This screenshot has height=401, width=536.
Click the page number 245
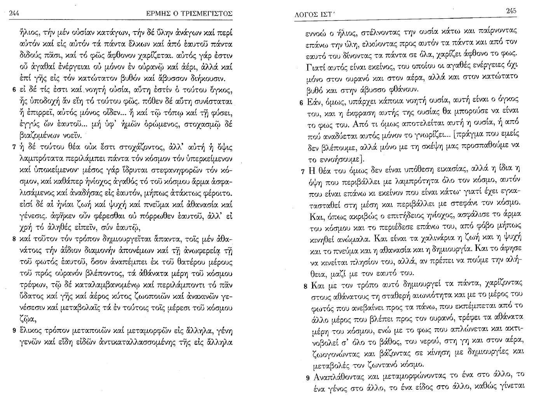coord(511,11)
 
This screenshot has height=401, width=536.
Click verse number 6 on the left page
coord(14,91)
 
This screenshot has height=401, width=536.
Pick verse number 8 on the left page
coord(14,238)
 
